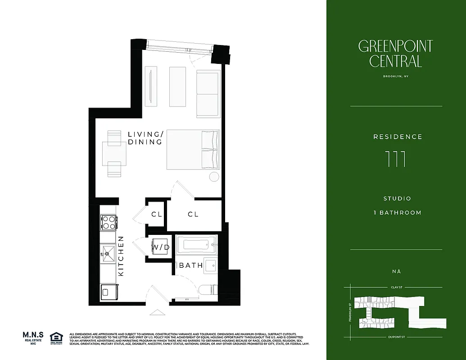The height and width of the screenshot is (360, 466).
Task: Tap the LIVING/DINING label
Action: point(145,138)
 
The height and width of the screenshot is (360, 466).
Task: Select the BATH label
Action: point(191,265)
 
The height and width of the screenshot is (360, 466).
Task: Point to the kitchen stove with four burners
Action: point(109,222)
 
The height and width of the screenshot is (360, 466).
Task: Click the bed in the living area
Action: point(193,149)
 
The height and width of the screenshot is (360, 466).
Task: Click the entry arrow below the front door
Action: point(157,312)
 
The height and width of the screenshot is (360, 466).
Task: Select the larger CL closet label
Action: point(193,215)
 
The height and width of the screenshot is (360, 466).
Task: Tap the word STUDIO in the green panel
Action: point(397,198)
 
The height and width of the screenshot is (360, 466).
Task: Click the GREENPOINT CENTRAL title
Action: point(396,53)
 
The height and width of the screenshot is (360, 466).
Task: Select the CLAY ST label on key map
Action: point(396,287)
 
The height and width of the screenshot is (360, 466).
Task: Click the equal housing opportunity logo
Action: point(56,337)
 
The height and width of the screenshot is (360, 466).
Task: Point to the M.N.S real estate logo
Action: point(33,337)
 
